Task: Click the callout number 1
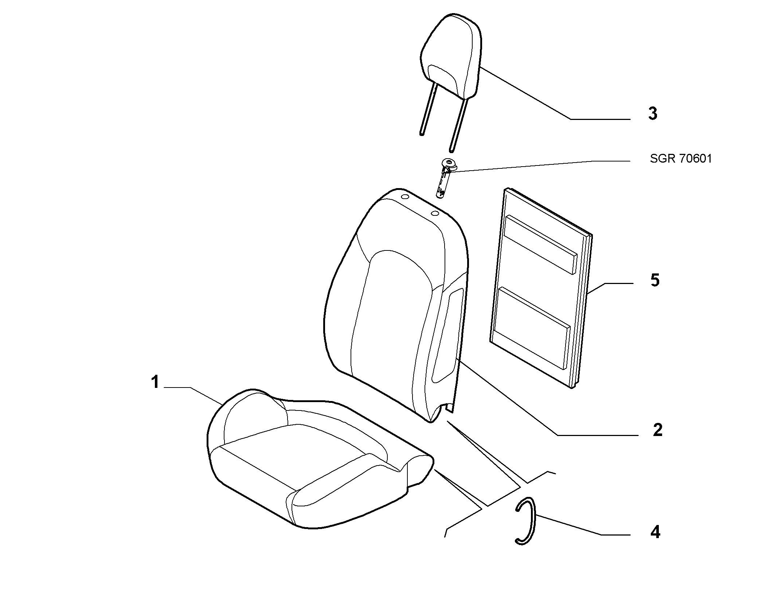tap(155, 382)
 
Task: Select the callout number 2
tap(657, 430)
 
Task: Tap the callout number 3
tap(653, 113)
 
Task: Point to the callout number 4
tap(655, 532)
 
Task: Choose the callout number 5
tap(655, 280)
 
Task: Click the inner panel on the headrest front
tap(443, 78)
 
